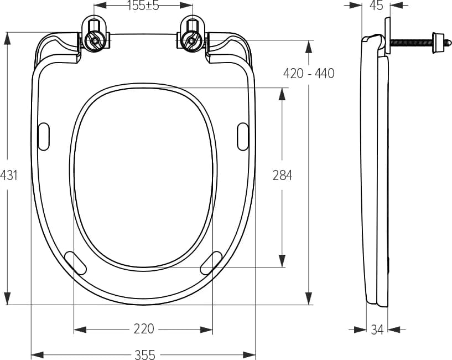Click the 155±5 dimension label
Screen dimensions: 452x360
pos(143,6)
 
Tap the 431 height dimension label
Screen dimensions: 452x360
pos(9,175)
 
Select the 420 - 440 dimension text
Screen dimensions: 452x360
pos(309,73)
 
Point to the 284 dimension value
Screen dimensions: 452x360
pos(283,175)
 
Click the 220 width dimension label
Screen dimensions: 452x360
pos(144,329)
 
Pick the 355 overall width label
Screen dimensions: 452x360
pos(145,354)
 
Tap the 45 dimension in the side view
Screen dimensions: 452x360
pos(376,6)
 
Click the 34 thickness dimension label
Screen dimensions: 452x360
pos(377,330)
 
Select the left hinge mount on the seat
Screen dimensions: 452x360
pos(95,35)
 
